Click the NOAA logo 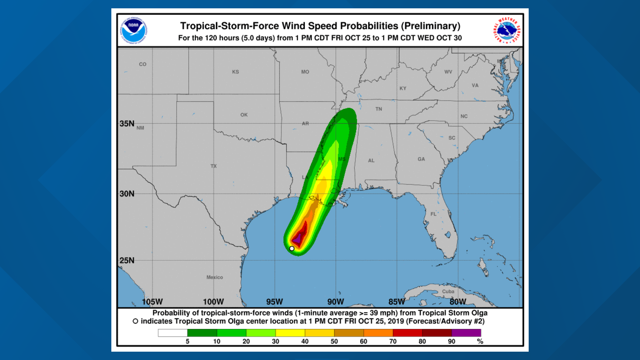click(133, 30)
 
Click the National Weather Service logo click(506, 30)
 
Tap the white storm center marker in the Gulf click(292, 248)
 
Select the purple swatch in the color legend click(466, 333)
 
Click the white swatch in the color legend click(173, 333)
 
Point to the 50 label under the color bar click(334, 341)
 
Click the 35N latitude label click(127, 124)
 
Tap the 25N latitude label click(127, 260)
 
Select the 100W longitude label click(213, 302)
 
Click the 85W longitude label click(397, 302)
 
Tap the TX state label click(214, 166)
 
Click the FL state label click(433, 214)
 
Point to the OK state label click(244, 115)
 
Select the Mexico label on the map click(215, 277)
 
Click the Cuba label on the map click(448, 291)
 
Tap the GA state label click(421, 159)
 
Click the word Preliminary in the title click(431, 26)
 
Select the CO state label click(143, 64)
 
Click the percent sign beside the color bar click(480, 341)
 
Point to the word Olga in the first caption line click(479, 313)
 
